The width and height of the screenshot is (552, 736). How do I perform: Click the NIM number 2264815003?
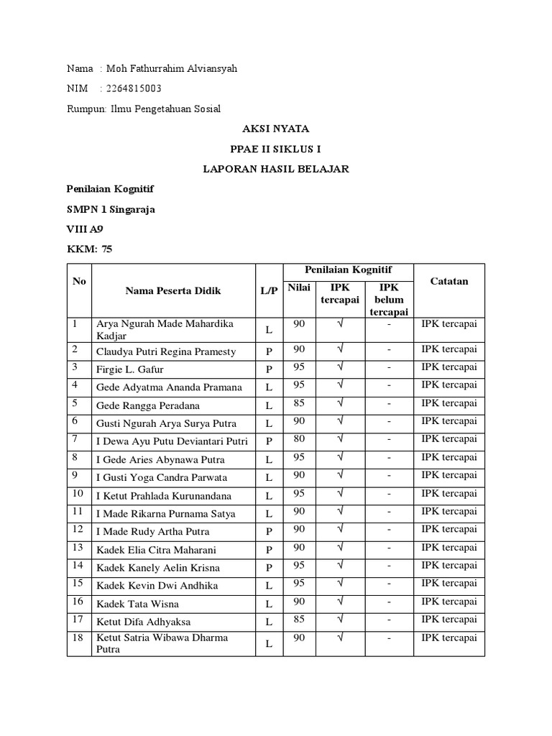[x=134, y=88]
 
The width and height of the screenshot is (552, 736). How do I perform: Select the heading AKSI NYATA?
[x=275, y=129]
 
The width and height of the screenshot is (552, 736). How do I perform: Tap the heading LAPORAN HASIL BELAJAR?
[x=275, y=169]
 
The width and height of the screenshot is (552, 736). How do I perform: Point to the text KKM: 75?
[x=89, y=249]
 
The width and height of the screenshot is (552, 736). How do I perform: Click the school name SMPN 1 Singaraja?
[x=110, y=209]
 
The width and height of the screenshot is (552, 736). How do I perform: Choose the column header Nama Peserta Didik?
[x=173, y=291]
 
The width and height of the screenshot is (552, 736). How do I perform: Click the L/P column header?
[x=269, y=291]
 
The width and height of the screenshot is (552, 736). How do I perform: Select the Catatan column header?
[x=448, y=281]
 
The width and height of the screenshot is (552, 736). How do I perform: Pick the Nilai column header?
[x=299, y=288]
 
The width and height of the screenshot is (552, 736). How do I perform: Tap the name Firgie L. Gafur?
[x=130, y=369]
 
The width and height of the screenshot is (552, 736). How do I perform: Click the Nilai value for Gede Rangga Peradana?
[x=299, y=402]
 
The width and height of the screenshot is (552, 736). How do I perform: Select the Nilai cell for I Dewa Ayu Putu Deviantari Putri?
[x=299, y=438]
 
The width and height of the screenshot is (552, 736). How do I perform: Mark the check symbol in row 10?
[x=339, y=493]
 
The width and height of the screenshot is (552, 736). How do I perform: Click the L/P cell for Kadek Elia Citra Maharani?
[x=269, y=550]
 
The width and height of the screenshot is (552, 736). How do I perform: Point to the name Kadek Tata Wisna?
[x=138, y=604]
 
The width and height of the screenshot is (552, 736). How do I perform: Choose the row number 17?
[x=78, y=620]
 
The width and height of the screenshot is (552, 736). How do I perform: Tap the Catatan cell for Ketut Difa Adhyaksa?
[x=448, y=619]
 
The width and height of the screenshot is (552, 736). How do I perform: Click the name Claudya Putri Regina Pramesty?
[x=166, y=351]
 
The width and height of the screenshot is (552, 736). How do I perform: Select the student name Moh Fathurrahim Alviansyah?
[x=171, y=68]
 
